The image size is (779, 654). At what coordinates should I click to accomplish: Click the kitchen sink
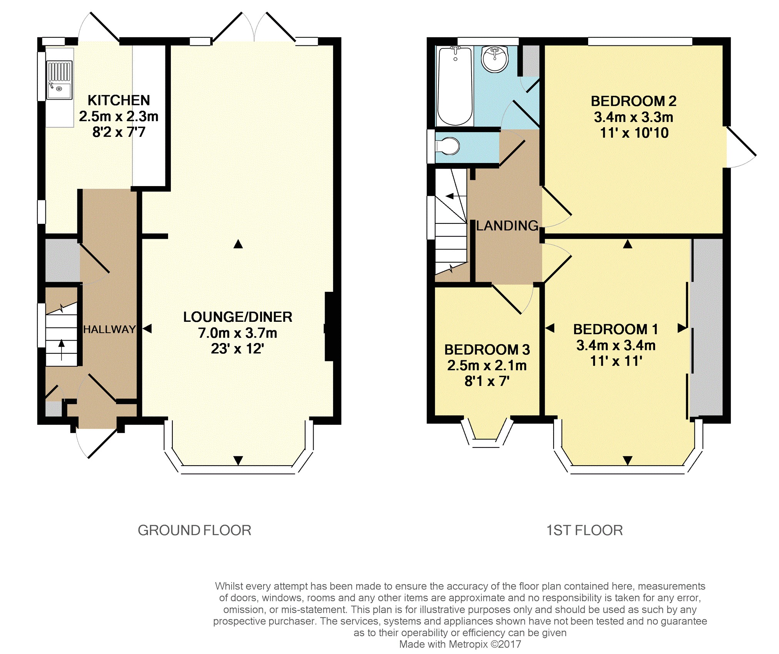pyautogui.click(x=59, y=80)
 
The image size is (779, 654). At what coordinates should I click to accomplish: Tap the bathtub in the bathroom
pyautogui.click(x=455, y=86)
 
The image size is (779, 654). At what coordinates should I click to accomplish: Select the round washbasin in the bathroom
pyautogui.click(x=495, y=59)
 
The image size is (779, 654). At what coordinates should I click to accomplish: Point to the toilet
pyautogui.click(x=447, y=146)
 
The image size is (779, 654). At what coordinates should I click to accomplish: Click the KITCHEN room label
pyautogui.click(x=119, y=100)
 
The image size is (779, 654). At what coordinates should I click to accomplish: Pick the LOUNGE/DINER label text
pyautogui.click(x=238, y=317)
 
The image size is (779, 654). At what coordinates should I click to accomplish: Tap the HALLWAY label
pyautogui.click(x=110, y=329)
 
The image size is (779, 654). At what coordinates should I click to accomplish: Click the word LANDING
pyautogui.click(x=507, y=226)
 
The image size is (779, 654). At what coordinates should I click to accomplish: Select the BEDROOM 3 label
pyautogui.click(x=487, y=349)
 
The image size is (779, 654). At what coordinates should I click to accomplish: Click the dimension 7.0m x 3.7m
pyautogui.click(x=238, y=333)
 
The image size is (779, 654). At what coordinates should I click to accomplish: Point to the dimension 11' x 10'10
pyautogui.click(x=634, y=133)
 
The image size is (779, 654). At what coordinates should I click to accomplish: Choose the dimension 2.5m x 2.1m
pyautogui.click(x=487, y=365)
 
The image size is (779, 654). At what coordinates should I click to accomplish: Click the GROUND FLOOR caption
pyautogui.click(x=195, y=530)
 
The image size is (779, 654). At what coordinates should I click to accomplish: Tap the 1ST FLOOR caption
pyautogui.click(x=585, y=530)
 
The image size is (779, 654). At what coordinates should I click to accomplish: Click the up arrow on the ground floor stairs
pyautogui.click(x=62, y=350)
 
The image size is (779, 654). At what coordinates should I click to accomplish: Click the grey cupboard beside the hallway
pyautogui.click(x=63, y=261)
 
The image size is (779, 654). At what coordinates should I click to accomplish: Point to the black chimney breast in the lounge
pyautogui.click(x=329, y=327)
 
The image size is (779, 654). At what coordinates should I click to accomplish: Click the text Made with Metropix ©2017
pyautogui.click(x=460, y=644)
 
